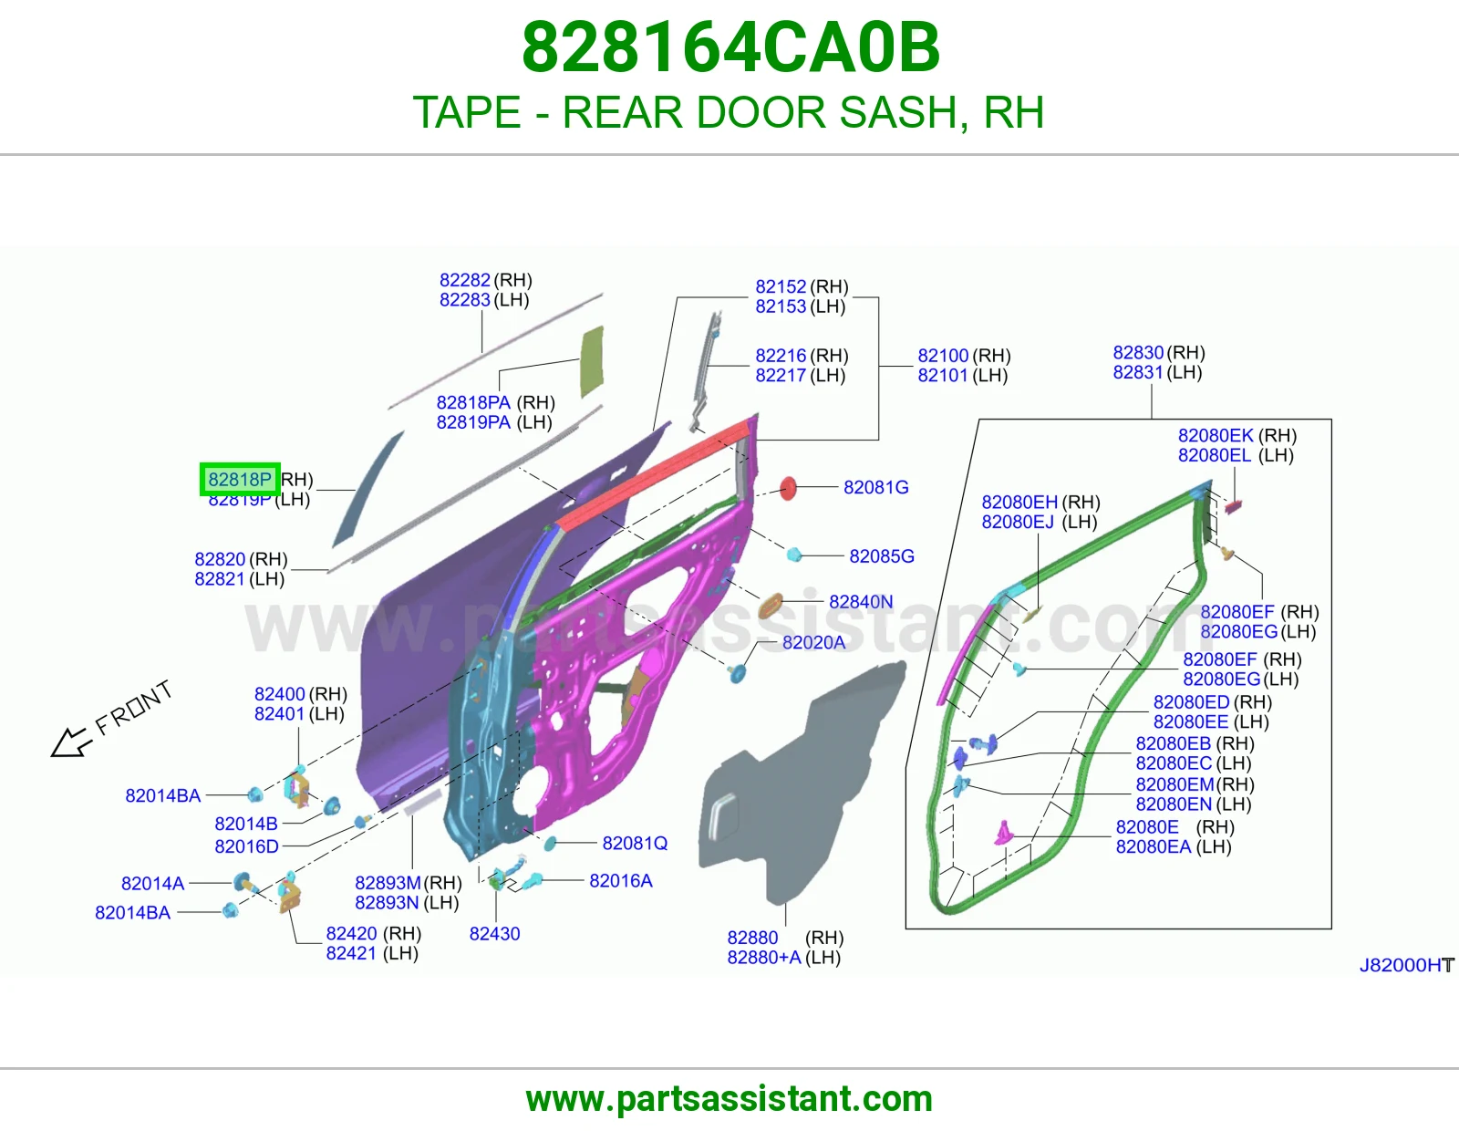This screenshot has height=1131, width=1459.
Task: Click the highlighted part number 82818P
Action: [x=240, y=479]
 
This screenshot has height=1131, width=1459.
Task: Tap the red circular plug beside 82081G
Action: [x=788, y=488]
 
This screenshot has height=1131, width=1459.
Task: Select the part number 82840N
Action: [x=861, y=602]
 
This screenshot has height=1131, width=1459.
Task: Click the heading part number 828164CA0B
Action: [x=730, y=47]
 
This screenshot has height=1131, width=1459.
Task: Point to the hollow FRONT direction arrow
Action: [x=71, y=742]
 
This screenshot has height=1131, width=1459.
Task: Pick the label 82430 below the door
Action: [x=495, y=934]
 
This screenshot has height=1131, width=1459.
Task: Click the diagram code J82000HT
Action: [x=1407, y=965]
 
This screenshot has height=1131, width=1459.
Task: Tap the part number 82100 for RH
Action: [x=944, y=356]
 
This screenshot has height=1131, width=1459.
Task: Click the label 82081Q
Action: [x=635, y=843]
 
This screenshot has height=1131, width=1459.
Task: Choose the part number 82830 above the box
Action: [x=1138, y=353]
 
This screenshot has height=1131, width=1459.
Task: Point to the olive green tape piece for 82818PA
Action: [x=592, y=361]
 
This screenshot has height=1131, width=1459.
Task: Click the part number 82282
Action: [x=465, y=280]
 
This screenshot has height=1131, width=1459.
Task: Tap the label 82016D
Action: [x=246, y=846]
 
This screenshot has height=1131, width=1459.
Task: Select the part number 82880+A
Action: [x=764, y=957]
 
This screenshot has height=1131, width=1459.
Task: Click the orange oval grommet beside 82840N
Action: [x=771, y=606]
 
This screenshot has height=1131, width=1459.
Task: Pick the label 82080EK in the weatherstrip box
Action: [x=1216, y=435]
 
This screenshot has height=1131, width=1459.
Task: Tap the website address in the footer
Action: [x=729, y=1099]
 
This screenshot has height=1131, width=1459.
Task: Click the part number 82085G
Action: [x=882, y=556]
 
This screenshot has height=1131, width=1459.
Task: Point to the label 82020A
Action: [x=813, y=643]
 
